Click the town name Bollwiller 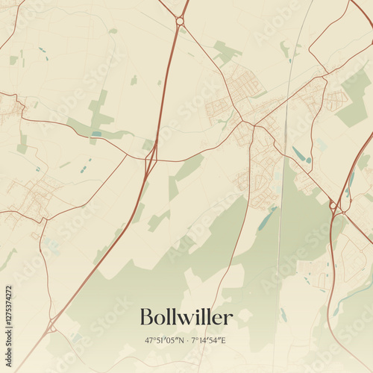186,318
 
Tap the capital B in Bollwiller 146,318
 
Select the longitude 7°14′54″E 207,341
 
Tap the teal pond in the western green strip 97,134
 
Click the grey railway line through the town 279,224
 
